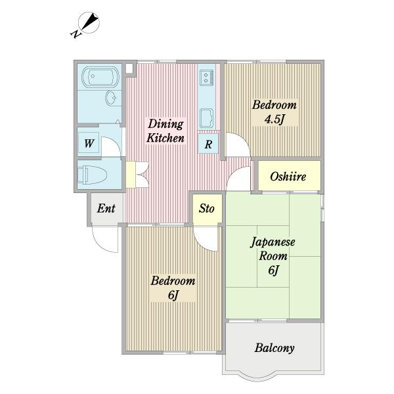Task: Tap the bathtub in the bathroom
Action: pos(98,78)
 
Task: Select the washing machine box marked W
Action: pos(88,142)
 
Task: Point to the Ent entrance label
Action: pos(106,209)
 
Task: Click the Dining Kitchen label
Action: pos(165,131)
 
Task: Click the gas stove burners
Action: pos(207,77)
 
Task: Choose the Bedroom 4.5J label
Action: pos(274,112)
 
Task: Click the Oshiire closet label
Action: pos(289,177)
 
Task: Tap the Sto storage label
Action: pos(206,209)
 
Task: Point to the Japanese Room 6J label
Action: pos(273,255)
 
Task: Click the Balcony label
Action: pos(274,348)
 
